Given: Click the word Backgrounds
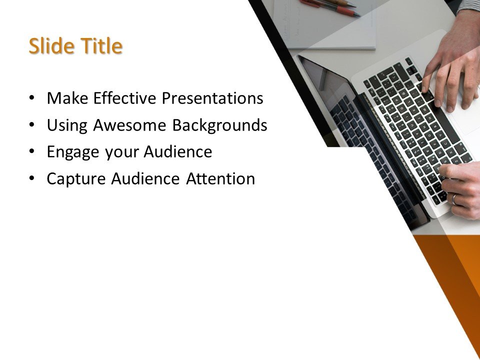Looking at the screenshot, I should [219, 125].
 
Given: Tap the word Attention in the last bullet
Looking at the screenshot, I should [220, 179].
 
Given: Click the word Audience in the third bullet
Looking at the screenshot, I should [178, 152].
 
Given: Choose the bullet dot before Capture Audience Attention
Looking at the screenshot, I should [32, 179].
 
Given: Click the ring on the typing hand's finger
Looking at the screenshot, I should [454, 198].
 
